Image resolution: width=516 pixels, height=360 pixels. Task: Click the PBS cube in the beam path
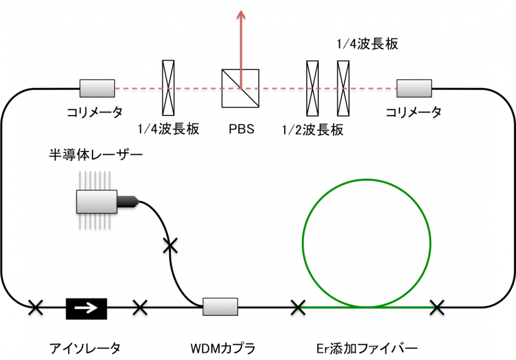point(240,89)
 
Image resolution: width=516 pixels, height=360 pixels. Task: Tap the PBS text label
point(241,129)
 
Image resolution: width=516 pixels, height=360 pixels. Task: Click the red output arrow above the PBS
point(241,40)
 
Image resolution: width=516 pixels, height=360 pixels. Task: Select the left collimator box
point(97,89)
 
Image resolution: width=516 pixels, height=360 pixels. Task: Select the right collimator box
point(414,88)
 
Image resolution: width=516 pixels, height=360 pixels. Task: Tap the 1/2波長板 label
point(313,130)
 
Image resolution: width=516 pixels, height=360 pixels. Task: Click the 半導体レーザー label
point(95,154)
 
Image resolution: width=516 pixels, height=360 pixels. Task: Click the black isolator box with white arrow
point(86,308)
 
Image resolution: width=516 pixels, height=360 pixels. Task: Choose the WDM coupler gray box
point(220,306)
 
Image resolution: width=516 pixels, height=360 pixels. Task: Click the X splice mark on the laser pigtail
point(170,245)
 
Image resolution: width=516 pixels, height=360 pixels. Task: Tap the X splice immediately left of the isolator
point(35,307)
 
